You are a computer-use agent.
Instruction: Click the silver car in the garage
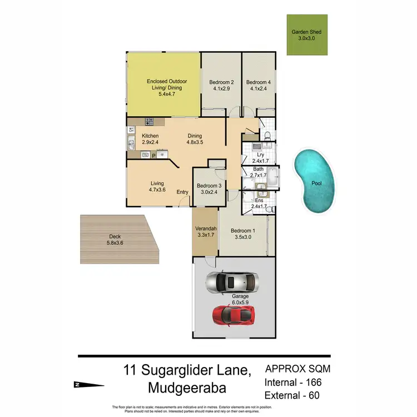[x=232, y=282]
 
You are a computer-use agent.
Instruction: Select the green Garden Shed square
[x=306, y=35]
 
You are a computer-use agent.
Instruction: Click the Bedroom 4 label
[x=258, y=85]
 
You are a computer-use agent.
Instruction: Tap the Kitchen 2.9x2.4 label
[x=150, y=139]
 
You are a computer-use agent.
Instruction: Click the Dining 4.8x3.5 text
[x=195, y=139]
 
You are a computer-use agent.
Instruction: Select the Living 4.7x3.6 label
[x=157, y=186]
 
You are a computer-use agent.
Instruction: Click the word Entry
[x=182, y=192]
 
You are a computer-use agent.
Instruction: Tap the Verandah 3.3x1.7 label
[x=205, y=231]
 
